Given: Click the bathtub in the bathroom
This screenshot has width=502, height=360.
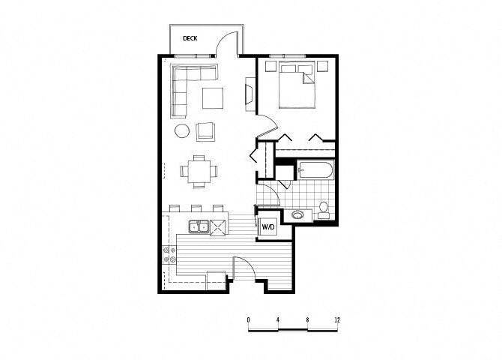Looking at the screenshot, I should [315, 171].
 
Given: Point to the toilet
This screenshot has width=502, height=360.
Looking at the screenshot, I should [324, 208].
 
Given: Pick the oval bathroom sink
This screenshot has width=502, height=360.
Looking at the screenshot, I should [298, 215].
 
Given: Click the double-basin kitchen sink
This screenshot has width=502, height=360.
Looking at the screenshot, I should [198, 226].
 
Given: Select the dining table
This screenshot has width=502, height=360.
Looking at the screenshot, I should [199, 171].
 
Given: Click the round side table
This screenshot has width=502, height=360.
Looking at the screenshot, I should [182, 131].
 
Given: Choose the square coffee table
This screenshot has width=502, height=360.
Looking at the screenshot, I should [212, 98].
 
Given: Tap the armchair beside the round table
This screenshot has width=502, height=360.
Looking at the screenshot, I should [206, 132].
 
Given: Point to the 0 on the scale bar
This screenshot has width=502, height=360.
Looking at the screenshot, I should [248, 319].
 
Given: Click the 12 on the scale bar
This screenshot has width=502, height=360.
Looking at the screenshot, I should [337, 319].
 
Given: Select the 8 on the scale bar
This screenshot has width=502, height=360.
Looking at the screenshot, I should [307, 319].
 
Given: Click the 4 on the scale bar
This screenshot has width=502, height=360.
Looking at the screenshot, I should [278, 319].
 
